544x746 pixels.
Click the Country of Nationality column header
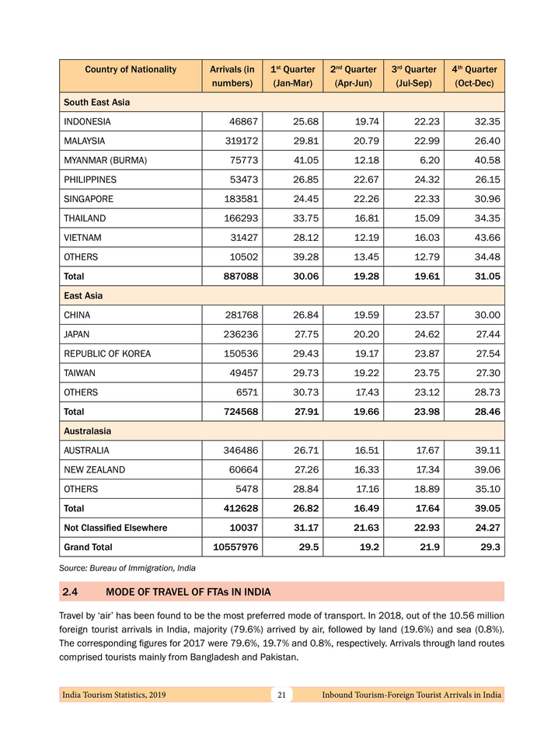coord(131,70)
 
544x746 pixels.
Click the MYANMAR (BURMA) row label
coord(105,161)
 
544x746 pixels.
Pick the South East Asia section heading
coord(96,103)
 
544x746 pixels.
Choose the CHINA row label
coord(77,315)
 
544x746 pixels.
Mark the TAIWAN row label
coord(79,373)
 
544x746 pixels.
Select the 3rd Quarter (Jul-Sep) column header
coord(413,76)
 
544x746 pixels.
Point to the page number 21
coord(281,695)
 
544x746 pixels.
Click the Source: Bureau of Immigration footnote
coord(127,569)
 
